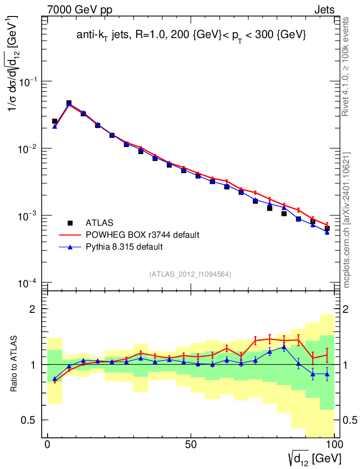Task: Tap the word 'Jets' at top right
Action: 324,10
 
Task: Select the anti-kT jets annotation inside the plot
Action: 191,36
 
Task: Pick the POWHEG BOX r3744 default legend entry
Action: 142,235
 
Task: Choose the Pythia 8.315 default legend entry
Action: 125,247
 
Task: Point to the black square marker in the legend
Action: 70,223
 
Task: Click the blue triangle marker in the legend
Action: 70,247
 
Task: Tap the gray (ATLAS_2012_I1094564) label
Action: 190,274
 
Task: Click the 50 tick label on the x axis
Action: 191,445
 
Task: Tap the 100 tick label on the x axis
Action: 334,445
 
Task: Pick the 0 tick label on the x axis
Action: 48,445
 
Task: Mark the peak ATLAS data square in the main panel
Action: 69,103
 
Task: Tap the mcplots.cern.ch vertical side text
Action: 347,220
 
